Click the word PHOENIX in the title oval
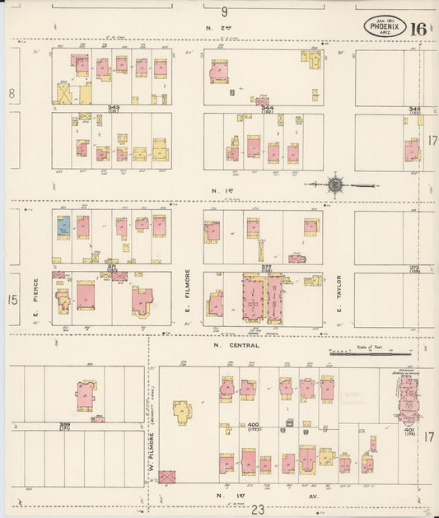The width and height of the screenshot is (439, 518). click(x=385, y=26)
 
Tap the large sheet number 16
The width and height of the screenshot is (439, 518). click(x=418, y=29)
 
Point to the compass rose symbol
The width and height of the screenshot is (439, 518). click(x=335, y=184)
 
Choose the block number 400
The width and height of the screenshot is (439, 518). click(x=254, y=425)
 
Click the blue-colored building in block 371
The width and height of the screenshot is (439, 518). click(x=63, y=227)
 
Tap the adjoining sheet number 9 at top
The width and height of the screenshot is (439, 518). click(x=223, y=12)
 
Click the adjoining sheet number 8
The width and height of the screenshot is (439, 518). click(x=12, y=94)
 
